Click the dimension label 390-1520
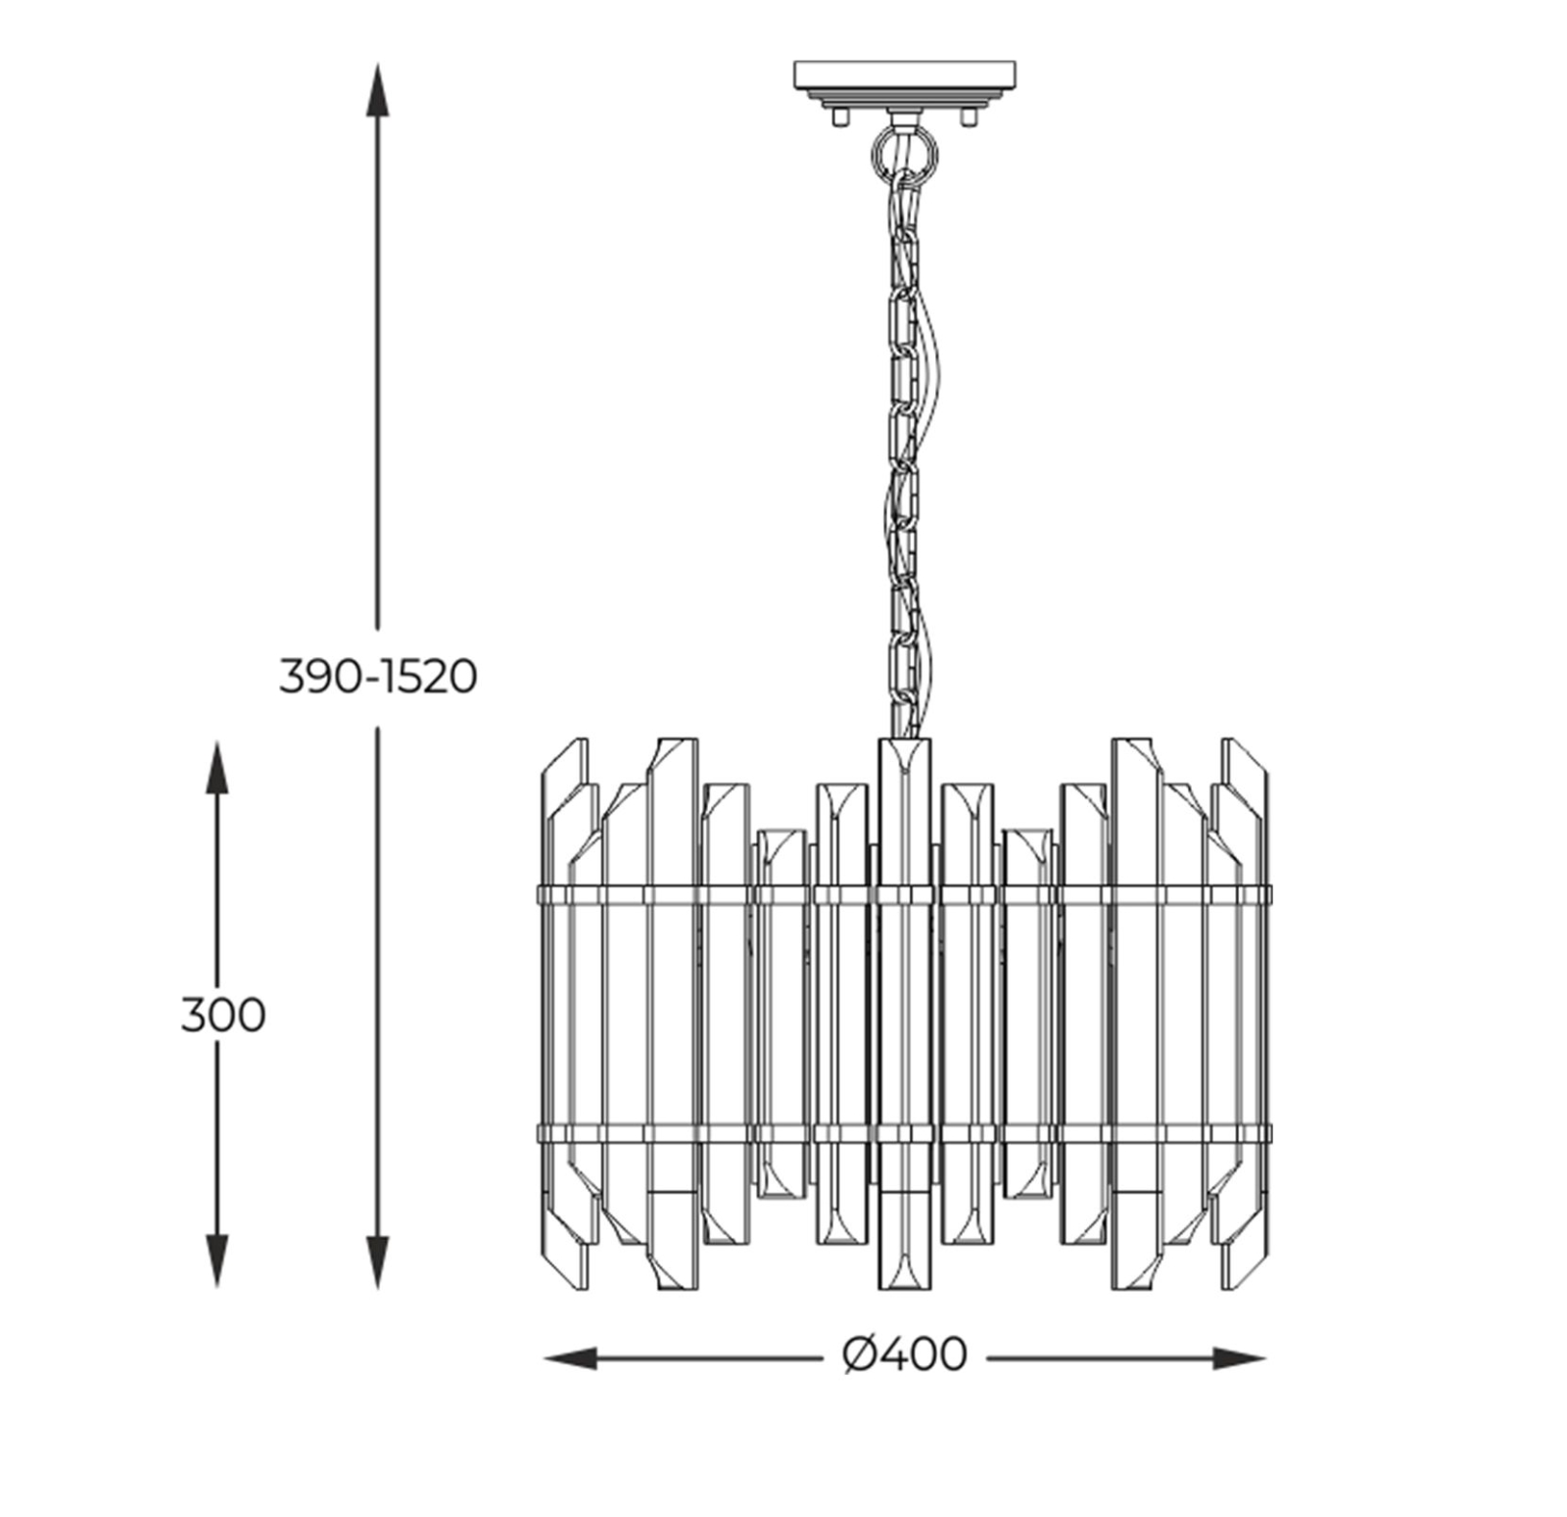click(378, 677)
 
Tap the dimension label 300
click(223, 1016)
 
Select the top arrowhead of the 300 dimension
click(216, 768)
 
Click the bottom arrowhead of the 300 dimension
click(216, 1261)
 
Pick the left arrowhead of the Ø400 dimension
click(570, 1358)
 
